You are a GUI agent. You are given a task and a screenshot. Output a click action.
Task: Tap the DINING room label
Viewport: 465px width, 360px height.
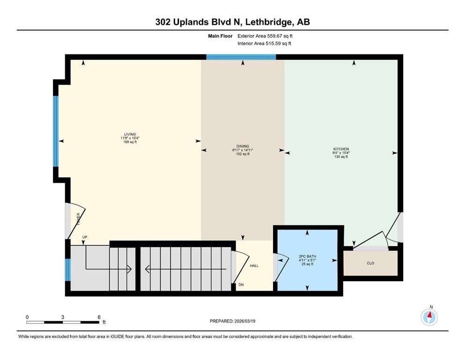[x=243, y=146]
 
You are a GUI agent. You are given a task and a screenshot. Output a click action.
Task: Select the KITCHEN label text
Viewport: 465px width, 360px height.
[x=341, y=149]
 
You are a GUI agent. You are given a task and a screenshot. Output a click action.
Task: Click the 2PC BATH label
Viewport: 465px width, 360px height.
[x=307, y=256]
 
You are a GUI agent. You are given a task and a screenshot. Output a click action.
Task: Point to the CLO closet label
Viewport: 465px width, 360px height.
[x=370, y=263]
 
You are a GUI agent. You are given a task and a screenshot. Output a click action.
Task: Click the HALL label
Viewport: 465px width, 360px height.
[x=254, y=266]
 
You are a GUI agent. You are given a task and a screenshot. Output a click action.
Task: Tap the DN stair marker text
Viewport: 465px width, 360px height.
[x=242, y=285]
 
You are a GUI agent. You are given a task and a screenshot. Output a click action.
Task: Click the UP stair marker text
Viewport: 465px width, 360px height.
[x=85, y=237]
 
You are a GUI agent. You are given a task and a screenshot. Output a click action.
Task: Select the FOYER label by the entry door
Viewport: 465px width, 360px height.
[x=78, y=220]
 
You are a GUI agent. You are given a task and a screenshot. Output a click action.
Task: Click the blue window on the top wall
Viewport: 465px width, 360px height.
[x=241, y=57]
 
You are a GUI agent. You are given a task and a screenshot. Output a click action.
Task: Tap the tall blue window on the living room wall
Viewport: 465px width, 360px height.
[x=56, y=131]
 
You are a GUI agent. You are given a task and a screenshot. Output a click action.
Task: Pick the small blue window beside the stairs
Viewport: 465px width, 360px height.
[x=67, y=270]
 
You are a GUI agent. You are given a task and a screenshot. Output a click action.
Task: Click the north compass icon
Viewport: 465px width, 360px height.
[x=429, y=317]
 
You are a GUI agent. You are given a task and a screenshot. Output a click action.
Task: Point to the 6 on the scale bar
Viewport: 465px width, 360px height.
[x=99, y=317]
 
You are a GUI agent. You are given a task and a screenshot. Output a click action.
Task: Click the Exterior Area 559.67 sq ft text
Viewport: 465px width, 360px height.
[x=267, y=36]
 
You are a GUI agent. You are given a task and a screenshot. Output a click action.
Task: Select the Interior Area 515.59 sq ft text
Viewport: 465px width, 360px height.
[x=264, y=44]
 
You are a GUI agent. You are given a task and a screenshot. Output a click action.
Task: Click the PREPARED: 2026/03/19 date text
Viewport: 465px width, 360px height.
[x=232, y=321]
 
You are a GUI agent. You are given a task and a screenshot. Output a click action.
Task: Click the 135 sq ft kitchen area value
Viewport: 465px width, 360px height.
[x=341, y=157]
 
